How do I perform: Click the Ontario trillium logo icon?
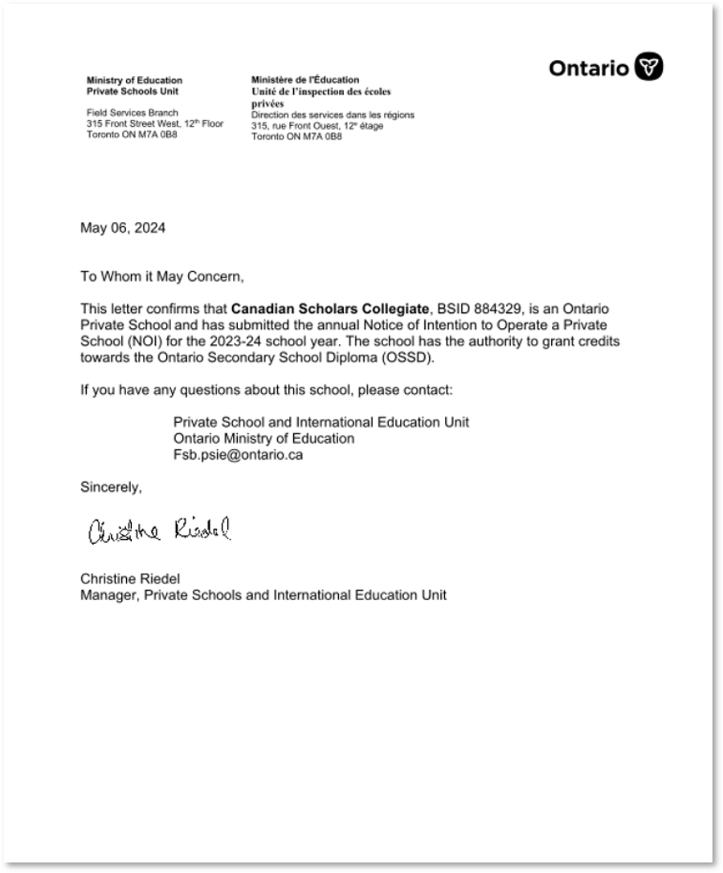pos(649,67)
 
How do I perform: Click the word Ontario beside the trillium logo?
pos(589,69)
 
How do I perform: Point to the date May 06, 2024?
pos(123,228)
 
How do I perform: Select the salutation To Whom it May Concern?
pos(161,277)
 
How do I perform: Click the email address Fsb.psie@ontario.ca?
pos(238,455)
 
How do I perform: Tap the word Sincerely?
pos(111,487)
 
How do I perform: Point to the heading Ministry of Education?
pos(134,80)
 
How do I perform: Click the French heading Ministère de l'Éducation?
pos(305,80)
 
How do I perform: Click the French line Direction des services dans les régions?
pos(333,116)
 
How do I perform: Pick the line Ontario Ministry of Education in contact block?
pos(263,439)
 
